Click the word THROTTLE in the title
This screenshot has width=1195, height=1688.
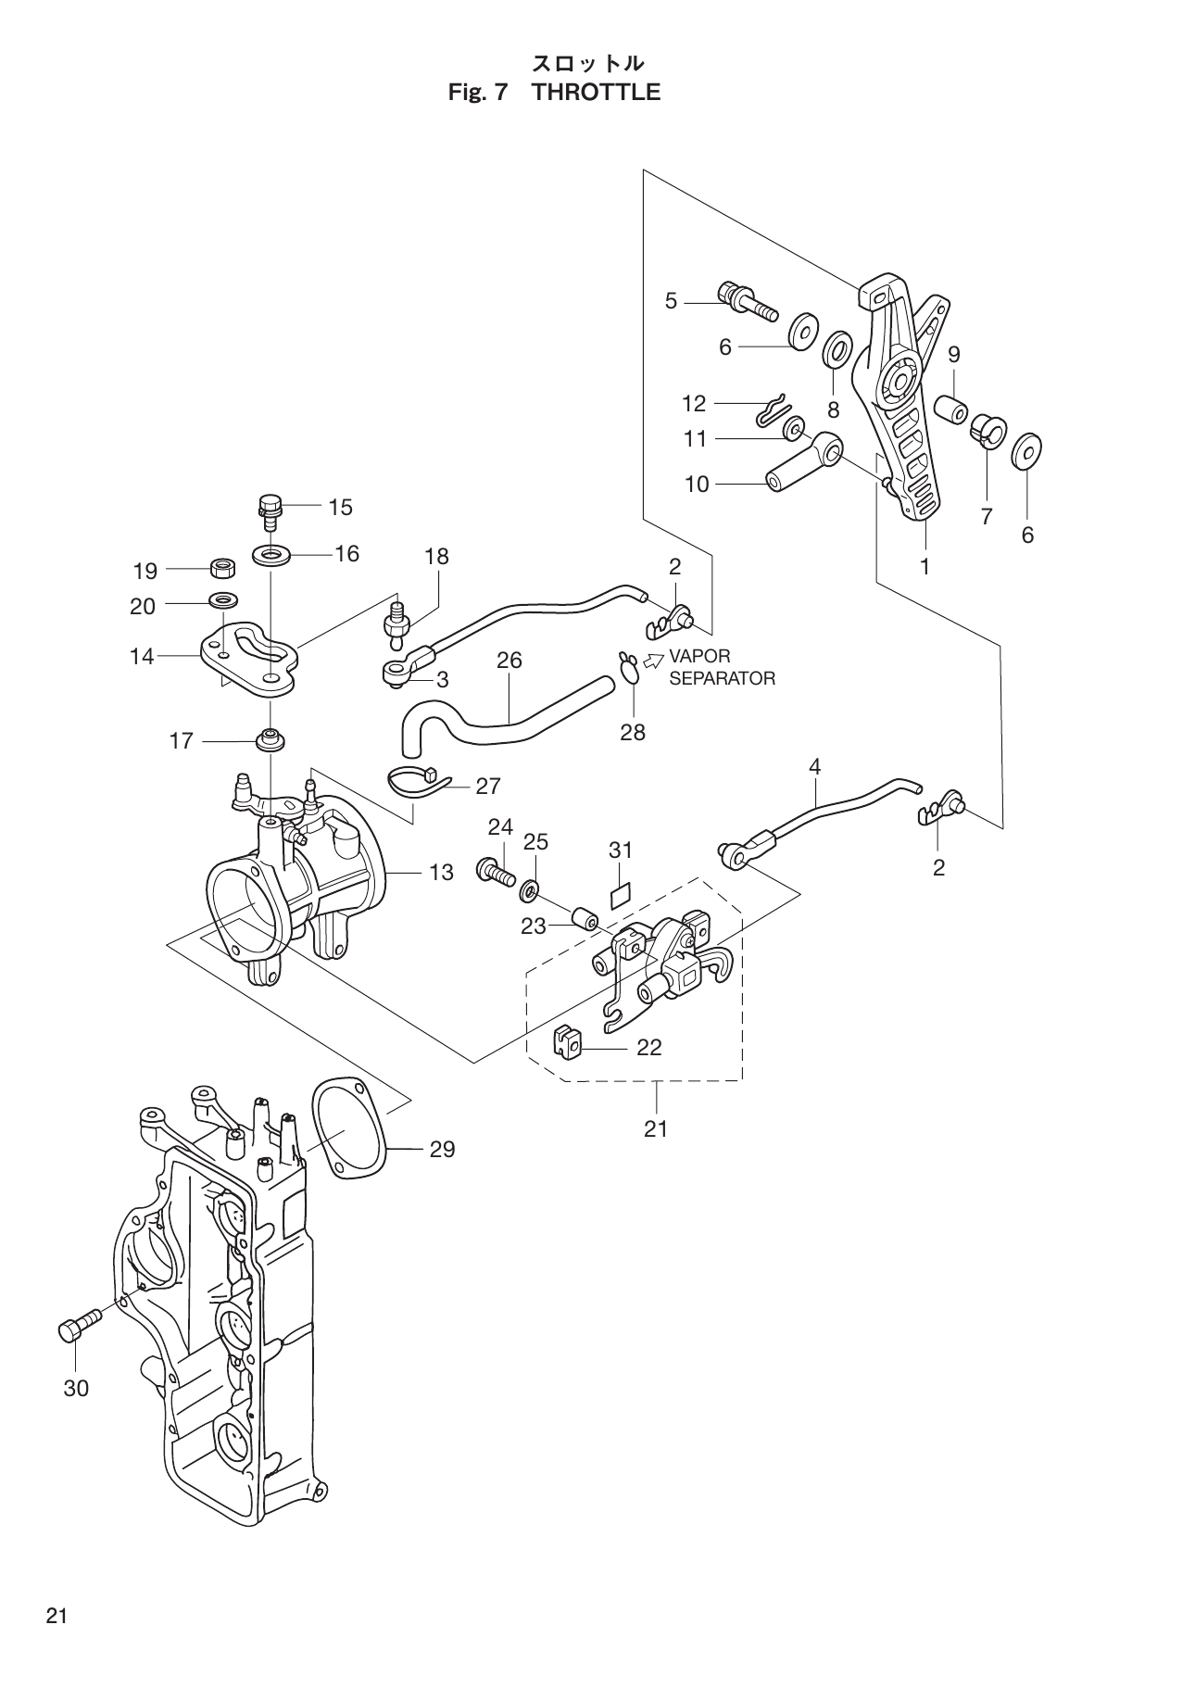597,93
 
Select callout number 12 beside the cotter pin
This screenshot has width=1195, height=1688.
694,403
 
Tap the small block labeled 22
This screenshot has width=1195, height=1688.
566,1041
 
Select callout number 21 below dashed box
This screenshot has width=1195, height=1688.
656,1128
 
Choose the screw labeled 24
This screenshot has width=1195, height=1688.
496,871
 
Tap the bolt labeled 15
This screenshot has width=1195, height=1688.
268,510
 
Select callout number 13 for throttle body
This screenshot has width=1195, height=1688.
442,872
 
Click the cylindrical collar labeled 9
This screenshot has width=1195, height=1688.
949,409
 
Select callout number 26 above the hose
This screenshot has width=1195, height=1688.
509,661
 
